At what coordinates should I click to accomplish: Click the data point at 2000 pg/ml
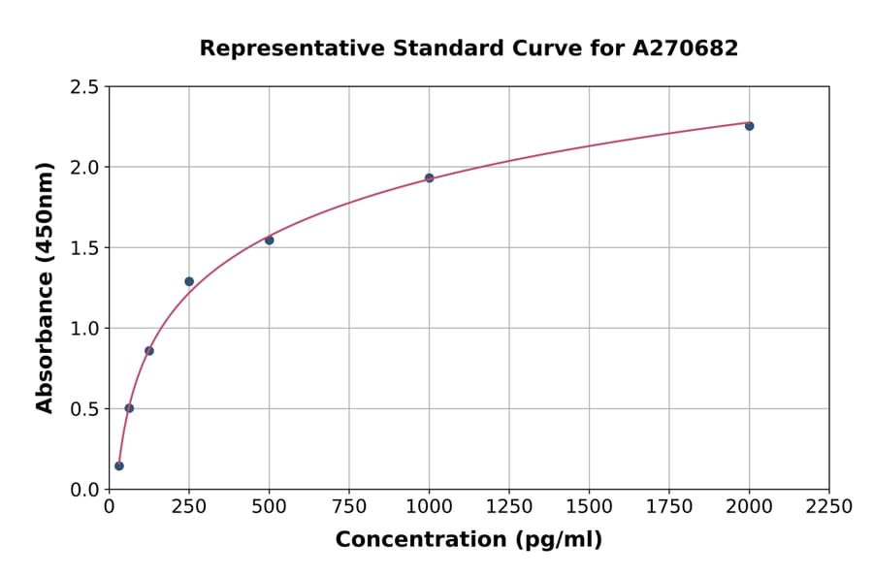click(x=749, y=126)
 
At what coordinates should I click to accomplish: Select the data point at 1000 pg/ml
click(x=429, y=177)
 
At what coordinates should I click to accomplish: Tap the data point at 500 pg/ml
click(x=269, y=240)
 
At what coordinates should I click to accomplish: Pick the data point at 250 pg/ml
click(x=189, y=281)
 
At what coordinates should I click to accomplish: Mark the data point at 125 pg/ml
click(x=148, y=350)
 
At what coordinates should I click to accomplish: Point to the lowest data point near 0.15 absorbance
click(x=118, y=465)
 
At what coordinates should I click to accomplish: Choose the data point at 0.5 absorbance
click(x=129, y=408)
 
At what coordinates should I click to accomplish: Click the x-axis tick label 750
click(x=349, y=507)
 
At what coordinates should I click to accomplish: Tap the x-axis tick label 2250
click(x=828, y=507)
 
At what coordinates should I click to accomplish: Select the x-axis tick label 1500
click(x=589, y=507)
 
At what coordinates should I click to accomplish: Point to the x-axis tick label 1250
click(x=508, y=507)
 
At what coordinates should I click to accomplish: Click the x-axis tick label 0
click(x=109, y=507)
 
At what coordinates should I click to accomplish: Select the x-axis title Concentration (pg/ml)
click(x=469, y=540)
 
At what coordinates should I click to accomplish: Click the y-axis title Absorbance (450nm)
click(x=45, y=288)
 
